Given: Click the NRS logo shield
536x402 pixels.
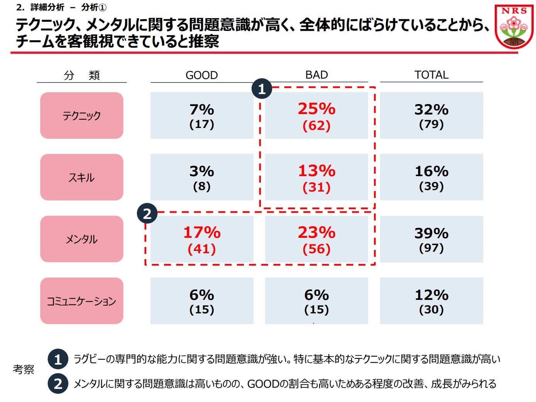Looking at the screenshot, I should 514,26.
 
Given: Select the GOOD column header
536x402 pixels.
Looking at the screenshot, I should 201,75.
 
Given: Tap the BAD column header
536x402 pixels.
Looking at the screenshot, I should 316,75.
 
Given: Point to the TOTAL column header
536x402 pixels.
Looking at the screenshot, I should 431,75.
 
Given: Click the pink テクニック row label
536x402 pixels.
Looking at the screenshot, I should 82,116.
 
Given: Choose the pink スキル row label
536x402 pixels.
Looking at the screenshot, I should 82,177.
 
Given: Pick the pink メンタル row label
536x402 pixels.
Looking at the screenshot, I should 82,239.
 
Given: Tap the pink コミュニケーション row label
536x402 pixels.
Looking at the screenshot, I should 82,301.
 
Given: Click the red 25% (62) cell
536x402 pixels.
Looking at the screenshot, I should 316,116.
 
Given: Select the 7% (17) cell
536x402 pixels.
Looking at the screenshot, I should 201,116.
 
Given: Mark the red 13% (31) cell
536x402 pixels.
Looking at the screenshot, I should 316,177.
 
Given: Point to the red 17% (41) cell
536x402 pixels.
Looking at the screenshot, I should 201,239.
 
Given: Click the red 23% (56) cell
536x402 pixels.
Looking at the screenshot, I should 316,239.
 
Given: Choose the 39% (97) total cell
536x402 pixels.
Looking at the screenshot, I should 431,239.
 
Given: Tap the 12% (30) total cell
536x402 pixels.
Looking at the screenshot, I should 431,301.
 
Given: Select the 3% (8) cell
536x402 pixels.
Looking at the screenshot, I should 201,177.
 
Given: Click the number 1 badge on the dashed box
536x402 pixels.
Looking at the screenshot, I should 262,89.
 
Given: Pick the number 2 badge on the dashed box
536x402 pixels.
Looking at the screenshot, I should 147,214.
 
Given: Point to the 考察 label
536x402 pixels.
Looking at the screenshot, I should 24,370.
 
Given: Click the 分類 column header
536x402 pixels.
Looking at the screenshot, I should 82,75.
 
